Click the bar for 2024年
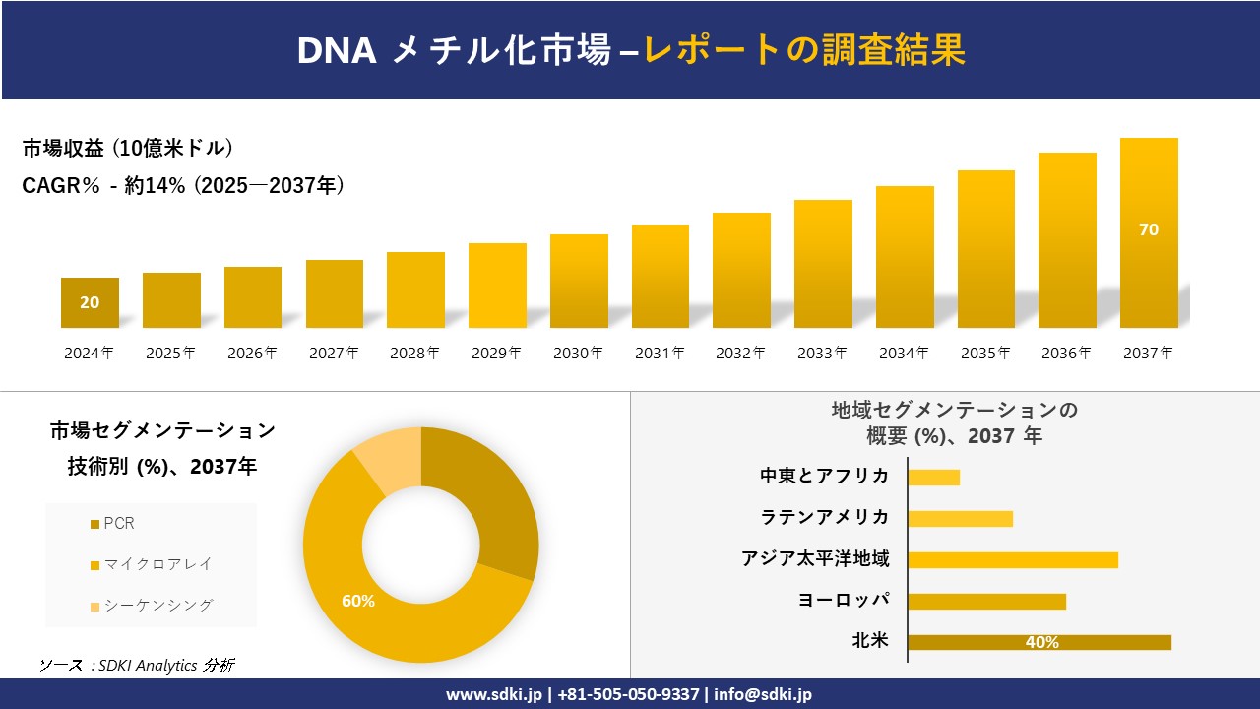click(x=90, y=303)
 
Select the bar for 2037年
click(x=1149, y=233)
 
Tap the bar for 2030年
click(x=579, y=282)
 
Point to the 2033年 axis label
click(x=822, y=354)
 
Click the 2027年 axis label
click(x=334, y=354)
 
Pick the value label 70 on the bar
click(x=1149, y=229)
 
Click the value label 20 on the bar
click(x=90, y=302)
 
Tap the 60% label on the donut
click(x=358, y=601)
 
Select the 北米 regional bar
click(x=1039, y=642)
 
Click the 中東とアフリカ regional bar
click(x=933, y=477)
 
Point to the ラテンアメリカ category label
click(x=825, y=517)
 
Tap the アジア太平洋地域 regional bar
click(x=1013, y=559)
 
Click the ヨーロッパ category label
click(x=844, y=601)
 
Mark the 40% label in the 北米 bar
click(x=1041, y=642)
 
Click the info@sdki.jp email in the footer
click(x=764, y=694)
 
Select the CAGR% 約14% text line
click(x=183, y=186)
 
